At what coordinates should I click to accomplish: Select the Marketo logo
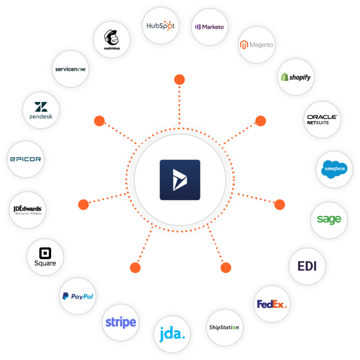pyautogui.click(x=210, y=27)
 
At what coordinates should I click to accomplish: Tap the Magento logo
pyautogui.click(x=256, y=45)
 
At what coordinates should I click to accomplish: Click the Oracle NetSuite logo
pyautogui.click(x=322, y=119)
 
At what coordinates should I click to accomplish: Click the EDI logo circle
pyautogui.click(x=307, y=266)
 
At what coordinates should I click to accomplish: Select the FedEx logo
pyautogui.click(x=271, y=304)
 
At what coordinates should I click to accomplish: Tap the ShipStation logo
pyautogui.click(x=223, y=327)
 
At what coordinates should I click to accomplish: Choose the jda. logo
pyautogui.click(x=172, y=335)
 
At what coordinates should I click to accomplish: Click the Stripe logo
pyautogui.click(x=120, y=322)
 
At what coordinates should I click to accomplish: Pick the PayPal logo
pyautogui.click(x=78, y=296)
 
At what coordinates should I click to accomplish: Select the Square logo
pyautogui.click(x=45, y=257)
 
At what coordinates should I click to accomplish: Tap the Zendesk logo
pyautogui.click(x=39, y=110)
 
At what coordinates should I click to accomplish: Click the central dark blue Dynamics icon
pyautogui.click(x=180, y=180)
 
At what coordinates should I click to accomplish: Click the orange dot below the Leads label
pyautogui.click(x=179, y=80)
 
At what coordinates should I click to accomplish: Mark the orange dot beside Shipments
pyautogui.click(x=279, y=204)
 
